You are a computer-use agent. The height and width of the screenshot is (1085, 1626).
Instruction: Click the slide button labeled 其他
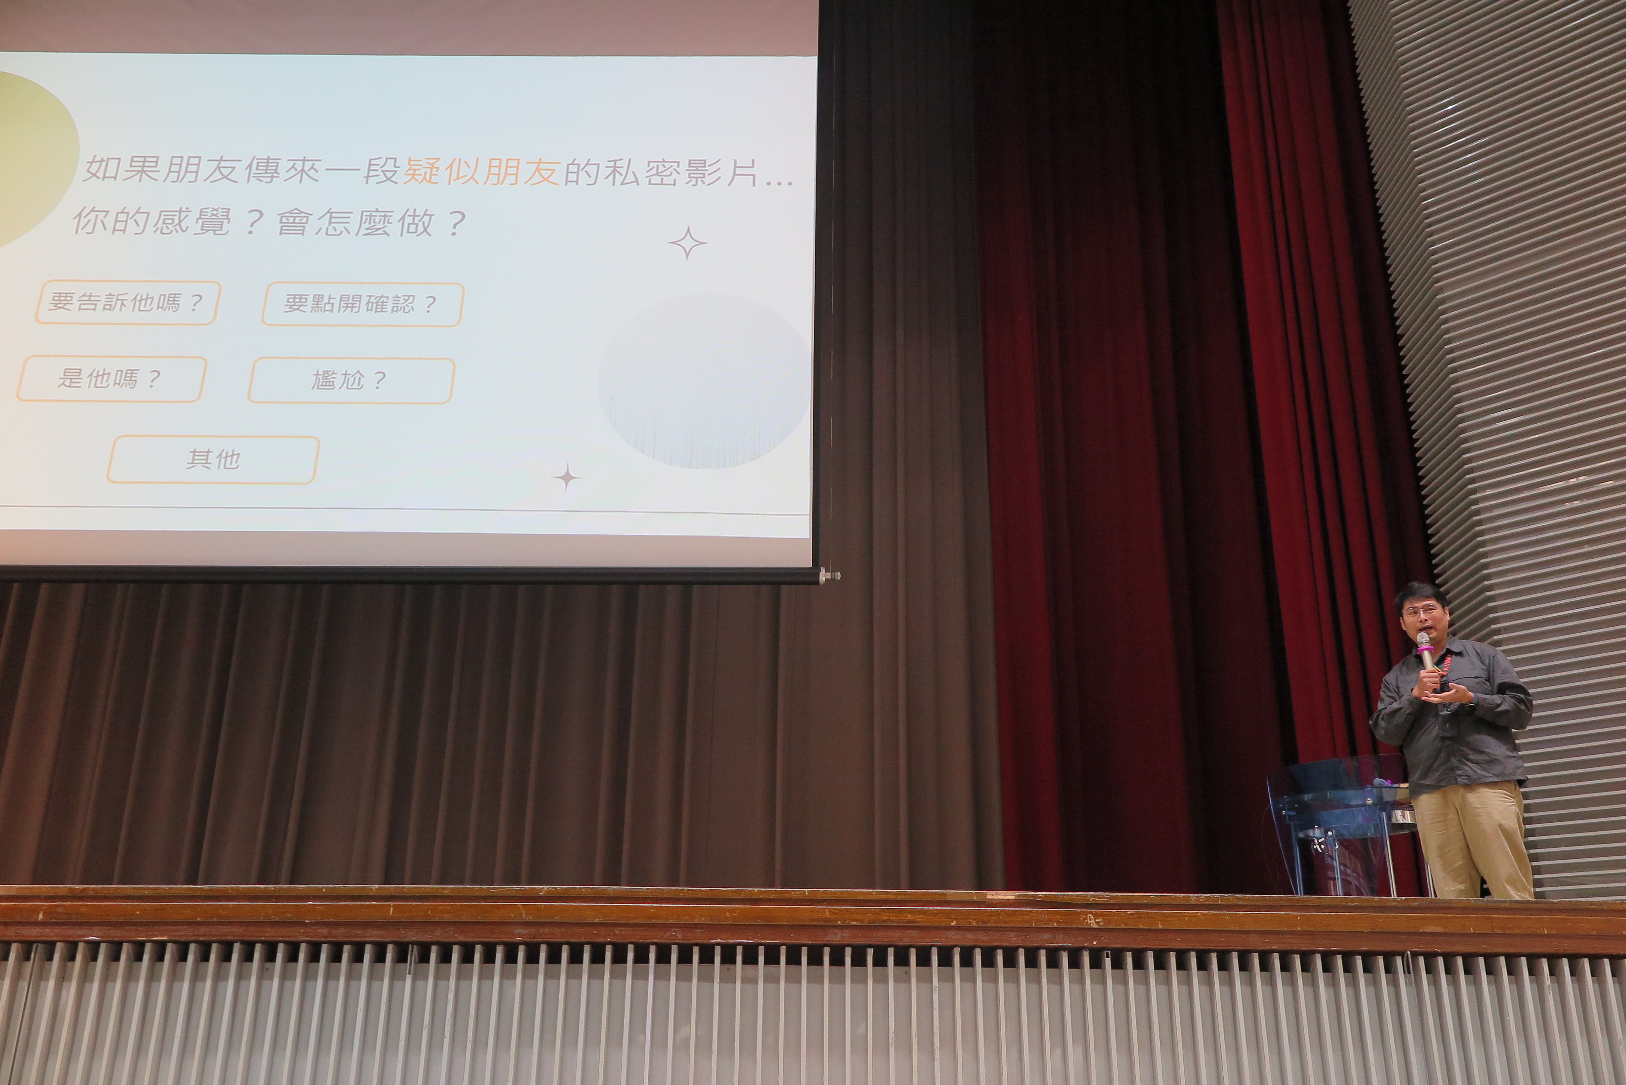213,460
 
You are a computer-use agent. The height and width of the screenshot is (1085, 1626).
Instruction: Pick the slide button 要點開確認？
362,304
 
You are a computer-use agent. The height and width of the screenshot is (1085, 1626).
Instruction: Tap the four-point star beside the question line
687,243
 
